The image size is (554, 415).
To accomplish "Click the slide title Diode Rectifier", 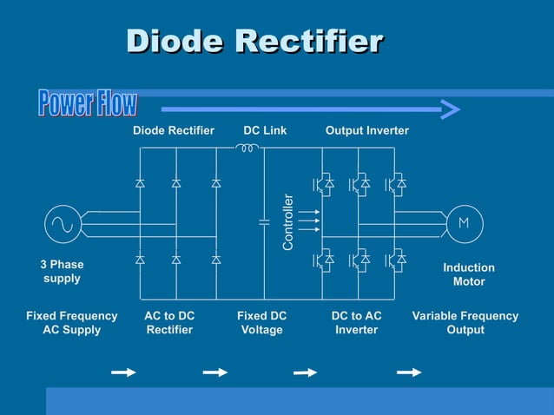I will (x=254, y=41).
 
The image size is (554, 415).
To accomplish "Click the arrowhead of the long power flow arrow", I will (x=450, y=109).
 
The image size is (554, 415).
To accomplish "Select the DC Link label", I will (x=265, y=130).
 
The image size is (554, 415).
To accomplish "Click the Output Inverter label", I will (x=366, y=130).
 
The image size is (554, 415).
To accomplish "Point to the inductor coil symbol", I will (x=247, y=148).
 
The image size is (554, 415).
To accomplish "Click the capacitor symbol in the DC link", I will (x=265, y=222).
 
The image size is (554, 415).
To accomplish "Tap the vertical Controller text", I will (x=289, y=223).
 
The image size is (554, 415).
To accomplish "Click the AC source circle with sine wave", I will (x=63, y=223).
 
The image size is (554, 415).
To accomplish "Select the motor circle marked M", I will (x=463, y=223).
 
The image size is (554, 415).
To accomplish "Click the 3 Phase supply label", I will (x=62, y=271).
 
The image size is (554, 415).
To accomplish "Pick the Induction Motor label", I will (x=469, y=274).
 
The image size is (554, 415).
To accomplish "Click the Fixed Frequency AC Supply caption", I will (x=65, y=323).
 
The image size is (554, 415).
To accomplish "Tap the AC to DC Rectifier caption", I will (x=169, y=323).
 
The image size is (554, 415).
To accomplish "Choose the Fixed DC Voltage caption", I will (x=261, y=323).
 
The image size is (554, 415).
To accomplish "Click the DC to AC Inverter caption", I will (x=356, y=323).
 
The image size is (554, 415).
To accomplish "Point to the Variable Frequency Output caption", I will (x=465, y=323).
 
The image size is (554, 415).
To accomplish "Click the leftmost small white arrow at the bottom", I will (x=124, y=372).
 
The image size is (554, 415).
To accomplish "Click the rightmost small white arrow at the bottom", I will (x=409, y=372).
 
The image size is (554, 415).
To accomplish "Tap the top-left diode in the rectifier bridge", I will (x=140, y=183).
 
